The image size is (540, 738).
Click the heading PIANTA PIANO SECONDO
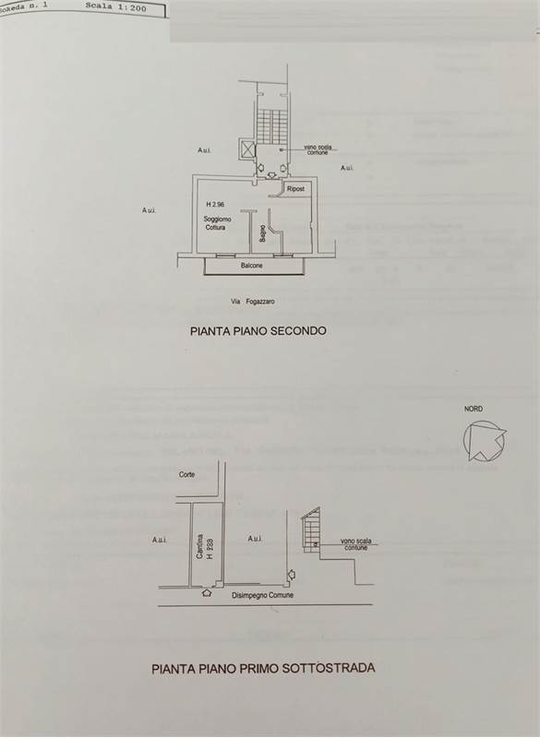pyautogui.click(x=258, y=329)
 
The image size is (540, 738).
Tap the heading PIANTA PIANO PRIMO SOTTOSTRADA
pyautogui.click(x=264, y=668)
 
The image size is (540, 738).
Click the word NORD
pyautogui.click(x=474, y=409)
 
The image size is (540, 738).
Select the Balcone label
pyautogui.click(x=252, y=266)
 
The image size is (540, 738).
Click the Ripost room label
pyautogui.click(x=295, y=188)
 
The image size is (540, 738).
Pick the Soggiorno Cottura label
pyautogui.click(x=220, y=222)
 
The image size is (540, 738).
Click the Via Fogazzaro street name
pyautogui.click(x=253, y=302)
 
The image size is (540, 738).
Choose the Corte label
pyautogui.click(x=187, y=474)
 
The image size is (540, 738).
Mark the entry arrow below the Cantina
pyautogui.click(x=206, y=593)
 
